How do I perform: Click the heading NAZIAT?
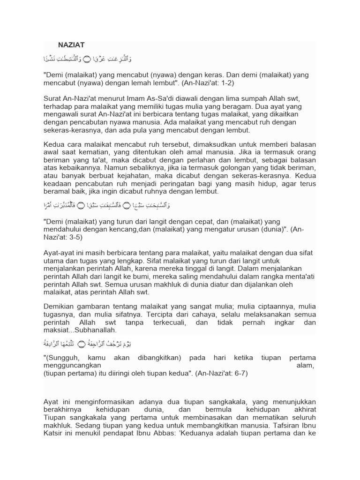coord(71,45)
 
